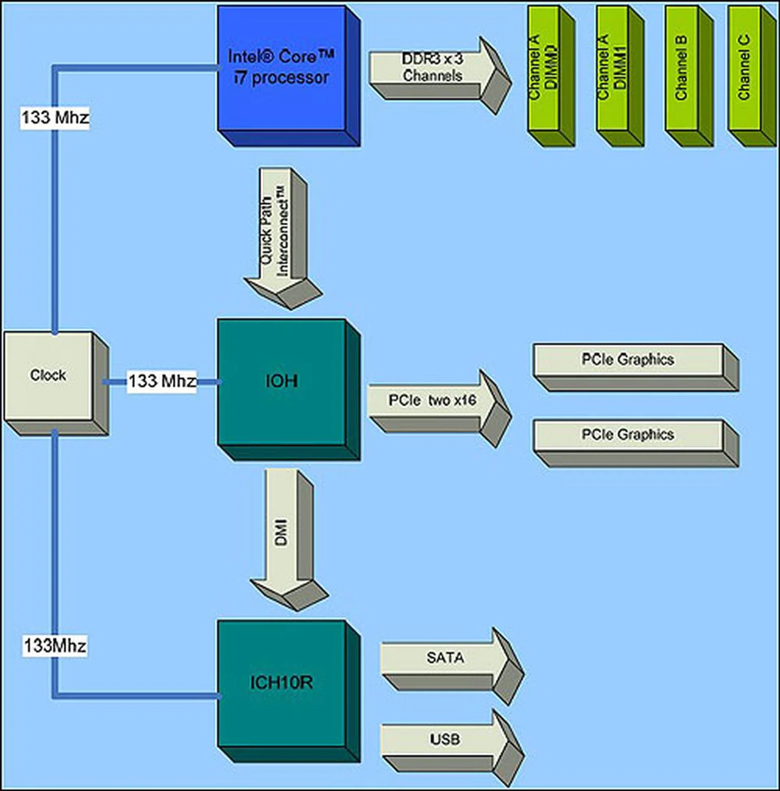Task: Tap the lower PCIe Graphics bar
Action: tap(628, 435)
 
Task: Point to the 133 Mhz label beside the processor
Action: tap(55, 118)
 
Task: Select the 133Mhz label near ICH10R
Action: tap(55, 646)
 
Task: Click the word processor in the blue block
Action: tap(290, 78)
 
